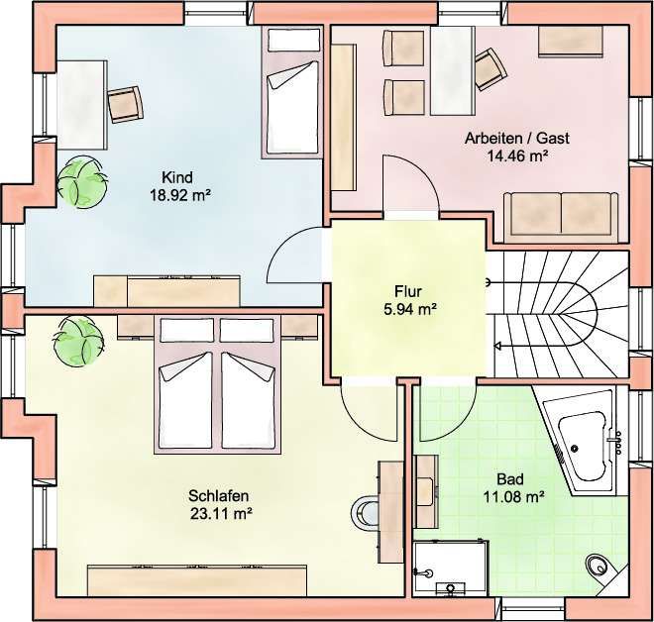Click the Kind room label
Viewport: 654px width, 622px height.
tap(177, 177)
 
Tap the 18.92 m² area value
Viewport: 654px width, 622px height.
tap(179, 195)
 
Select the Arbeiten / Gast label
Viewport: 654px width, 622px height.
tap(517, 138)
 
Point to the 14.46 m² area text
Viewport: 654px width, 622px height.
tap(517, 155)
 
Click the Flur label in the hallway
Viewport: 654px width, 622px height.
tap(408, 291)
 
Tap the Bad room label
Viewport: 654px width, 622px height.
tap(510, 479)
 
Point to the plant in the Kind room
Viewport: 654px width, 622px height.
tap(81, 181)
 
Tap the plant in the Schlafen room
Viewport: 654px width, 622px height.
tap(78, 341)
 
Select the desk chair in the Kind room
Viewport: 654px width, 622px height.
tap(126, 104)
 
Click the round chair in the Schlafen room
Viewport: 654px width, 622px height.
tap(365, 513)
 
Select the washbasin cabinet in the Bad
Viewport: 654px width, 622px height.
tap(426, 492)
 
